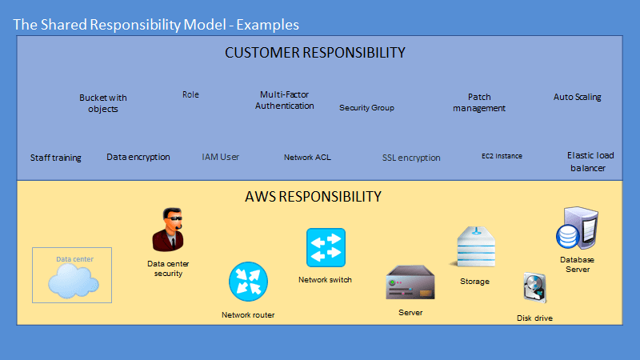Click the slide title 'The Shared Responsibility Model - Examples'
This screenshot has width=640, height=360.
[x=156, y=25]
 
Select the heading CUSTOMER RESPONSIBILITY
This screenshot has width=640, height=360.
[x=314, y=53]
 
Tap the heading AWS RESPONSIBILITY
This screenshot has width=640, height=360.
[x=313, y=196]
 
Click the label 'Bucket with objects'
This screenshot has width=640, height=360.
[x=102, y=103]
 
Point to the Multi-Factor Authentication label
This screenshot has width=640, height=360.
[x=284, y=100]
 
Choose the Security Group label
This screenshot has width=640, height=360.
[x=366, y=107]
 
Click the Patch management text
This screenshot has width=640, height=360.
[x=479, y=103]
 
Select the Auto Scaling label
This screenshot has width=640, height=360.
[x=577, y=98]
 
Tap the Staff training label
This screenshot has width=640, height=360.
[x=56, y=158]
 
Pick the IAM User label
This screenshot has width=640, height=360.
[x=220, y=157]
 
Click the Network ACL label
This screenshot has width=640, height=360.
[x=307, y=158]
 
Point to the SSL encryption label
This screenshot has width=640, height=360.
[x=411, y=158]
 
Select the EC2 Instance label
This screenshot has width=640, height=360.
[x=502, y=156]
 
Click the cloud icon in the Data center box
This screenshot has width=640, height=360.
[x=73, y=281]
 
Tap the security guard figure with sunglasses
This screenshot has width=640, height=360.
[x=167, y=230]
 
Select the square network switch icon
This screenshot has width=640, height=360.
[x=326, y=247]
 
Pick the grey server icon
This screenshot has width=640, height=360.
[x=410, y=283]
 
